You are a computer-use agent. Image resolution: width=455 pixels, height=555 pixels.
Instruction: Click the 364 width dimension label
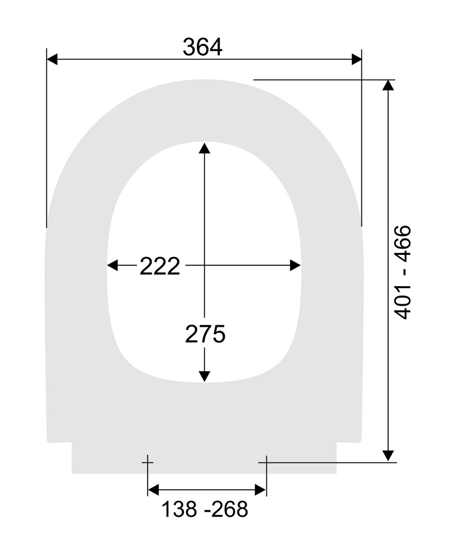click(203, 47)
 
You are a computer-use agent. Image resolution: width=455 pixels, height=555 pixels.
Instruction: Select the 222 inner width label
click(160, 266)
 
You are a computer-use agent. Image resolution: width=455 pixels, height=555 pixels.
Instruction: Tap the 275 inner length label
click(205, 334)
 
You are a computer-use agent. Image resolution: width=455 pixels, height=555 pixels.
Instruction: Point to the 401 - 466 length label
click(403, 272)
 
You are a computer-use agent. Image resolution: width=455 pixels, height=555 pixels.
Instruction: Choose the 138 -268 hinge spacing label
click(205, 509)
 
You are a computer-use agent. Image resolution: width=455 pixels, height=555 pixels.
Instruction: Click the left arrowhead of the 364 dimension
click(52, 60)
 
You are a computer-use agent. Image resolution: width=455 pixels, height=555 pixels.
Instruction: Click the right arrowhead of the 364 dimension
click(357, 60)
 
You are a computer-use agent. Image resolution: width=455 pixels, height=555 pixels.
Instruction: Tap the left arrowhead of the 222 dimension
click(113, 265)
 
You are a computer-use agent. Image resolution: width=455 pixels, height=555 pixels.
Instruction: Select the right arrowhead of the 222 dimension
click(295, 265)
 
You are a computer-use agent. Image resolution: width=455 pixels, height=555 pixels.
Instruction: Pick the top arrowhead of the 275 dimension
click(204, 148)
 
